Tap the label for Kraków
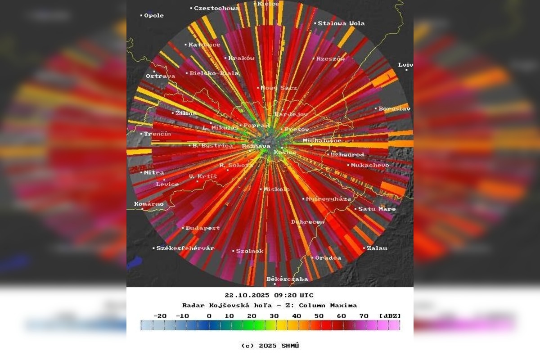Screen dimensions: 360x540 point(242,58)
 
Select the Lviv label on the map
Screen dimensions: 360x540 point(405,65)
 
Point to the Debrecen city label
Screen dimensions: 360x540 point(308,222)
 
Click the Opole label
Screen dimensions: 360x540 point(153,15)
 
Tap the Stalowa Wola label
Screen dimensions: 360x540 point(341,23)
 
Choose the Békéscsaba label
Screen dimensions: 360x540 point(288,279)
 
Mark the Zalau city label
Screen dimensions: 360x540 point(377,248)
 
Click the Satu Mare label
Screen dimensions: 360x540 point(377,209)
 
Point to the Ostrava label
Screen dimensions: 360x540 point(161,76)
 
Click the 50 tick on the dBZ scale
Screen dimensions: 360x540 point(319,316)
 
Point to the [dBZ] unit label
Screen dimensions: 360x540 point(390,316)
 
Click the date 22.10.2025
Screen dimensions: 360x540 point(247,295)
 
